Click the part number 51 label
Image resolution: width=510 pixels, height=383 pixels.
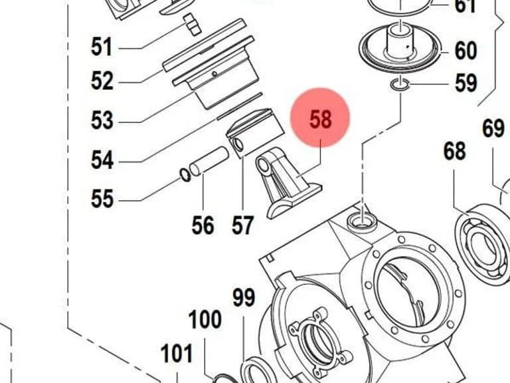click(102, 47)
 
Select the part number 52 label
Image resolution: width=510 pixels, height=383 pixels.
click(102, 80)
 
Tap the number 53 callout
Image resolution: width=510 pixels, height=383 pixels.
click(102, 120)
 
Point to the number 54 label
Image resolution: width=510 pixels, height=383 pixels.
click(102, 160)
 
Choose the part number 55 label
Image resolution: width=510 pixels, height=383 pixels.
click(102, 199)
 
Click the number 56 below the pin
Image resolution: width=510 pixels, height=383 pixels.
click(203, 225)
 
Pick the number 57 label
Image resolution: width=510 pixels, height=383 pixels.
click(242, 225)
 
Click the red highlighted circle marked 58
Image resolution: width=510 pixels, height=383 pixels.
click(320, 118)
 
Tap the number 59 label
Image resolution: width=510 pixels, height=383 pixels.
click(466, 82)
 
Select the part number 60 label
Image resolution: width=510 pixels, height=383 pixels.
click(466, 51)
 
